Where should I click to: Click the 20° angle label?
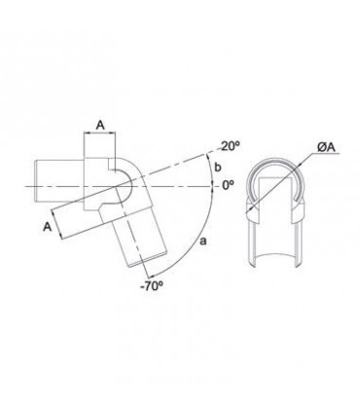point(230,146)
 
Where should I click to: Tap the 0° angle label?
point(228,185)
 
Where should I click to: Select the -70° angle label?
point(152,285)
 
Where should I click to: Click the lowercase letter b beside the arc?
point(218,168)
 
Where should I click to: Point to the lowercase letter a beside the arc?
point(203,241)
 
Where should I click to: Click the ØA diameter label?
point(326,148)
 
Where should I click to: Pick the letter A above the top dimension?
point(101,125)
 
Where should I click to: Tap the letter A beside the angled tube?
point(48,227)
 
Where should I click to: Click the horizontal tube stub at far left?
point(59,181)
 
